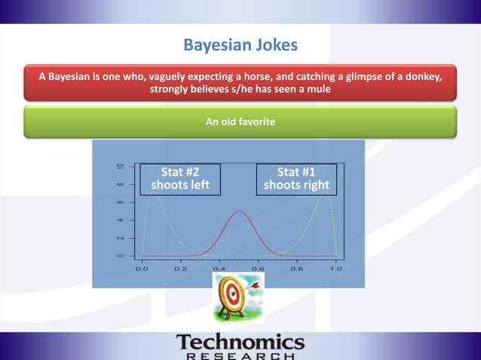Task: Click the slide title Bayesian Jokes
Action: tap(240, 46)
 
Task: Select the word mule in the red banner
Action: tap(317, 90)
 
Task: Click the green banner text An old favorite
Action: tap(240, 121)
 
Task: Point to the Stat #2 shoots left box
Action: tap(180, 178)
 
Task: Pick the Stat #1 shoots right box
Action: tap(297, 178)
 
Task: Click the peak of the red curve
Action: tap(240, 212)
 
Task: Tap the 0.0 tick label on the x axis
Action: tap(141, 268)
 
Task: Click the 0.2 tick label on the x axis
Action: tap(180, 268)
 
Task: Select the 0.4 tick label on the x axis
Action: tap(219, 268)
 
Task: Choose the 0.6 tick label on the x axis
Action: tap(258, 268)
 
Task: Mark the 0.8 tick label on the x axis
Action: tap(297, 268)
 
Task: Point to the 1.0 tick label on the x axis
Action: tap(335, 268)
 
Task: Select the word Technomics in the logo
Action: tap(240, 343)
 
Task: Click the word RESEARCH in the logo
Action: tap(240, 355)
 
